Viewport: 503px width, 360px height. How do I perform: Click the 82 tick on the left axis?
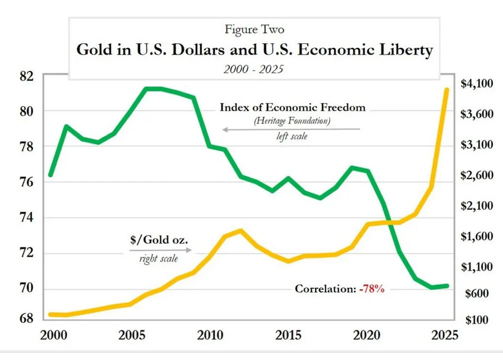pos(25,75)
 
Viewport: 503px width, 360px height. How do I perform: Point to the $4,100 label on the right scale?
pos(476,84)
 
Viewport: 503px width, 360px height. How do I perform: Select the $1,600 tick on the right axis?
pos(476,237)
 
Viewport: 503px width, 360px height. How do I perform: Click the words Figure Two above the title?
pos(251,28)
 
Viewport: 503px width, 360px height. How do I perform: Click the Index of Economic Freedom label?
pos(292,107)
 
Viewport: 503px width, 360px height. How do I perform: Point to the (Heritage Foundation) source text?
pos(292,121)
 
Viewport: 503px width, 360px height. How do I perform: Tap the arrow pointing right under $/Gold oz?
pos(159,251)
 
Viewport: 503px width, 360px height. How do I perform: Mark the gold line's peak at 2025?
pos(446,90)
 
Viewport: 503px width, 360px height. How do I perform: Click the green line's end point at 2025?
pos(446,286)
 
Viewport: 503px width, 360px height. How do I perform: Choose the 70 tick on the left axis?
pos(25,288)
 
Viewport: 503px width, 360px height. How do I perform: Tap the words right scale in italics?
pos(159,259)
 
